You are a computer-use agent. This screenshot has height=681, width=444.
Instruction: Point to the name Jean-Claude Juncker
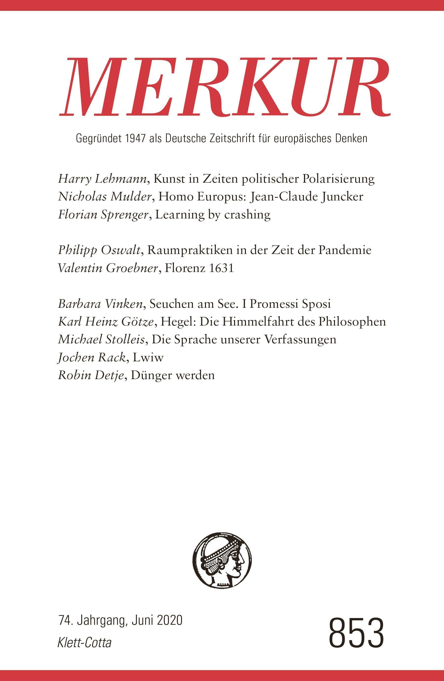[x=306, y=197]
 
